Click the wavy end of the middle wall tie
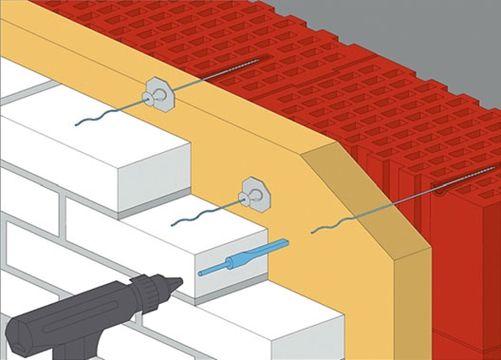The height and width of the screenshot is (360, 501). pyautogui.click(x=190, y=219)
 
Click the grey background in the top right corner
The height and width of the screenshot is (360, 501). pyautogui.click(x=468, y=21)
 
